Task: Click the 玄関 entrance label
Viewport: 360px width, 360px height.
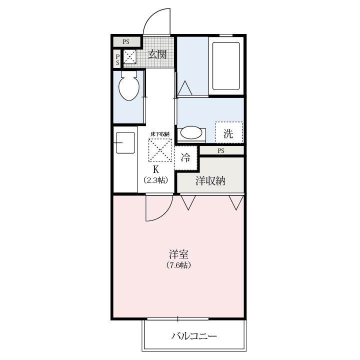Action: (157, 54)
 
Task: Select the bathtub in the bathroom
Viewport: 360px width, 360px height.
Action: (226, 66)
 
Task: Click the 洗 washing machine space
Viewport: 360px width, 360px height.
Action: (228, 132)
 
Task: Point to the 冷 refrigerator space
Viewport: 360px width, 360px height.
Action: (185, 157)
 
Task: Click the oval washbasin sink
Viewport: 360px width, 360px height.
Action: (191, 132)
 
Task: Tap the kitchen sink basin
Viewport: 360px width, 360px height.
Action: (125, 142)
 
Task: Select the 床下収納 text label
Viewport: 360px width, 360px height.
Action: (160, 134)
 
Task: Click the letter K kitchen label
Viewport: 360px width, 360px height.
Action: (156, 169)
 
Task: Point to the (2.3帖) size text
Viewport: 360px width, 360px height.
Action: (156, 180)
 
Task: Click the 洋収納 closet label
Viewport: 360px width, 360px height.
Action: (210, 181)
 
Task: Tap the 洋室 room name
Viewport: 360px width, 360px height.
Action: (179, 254)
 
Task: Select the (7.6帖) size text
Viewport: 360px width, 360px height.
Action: (179, 265)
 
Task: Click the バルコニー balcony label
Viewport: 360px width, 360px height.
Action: (194, 336)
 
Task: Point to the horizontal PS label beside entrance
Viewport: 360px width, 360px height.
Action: (126, 42)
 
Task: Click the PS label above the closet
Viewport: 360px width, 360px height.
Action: (221, 151)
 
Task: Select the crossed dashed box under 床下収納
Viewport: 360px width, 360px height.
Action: (160, 150)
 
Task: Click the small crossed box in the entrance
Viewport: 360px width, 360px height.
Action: (129, 56)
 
